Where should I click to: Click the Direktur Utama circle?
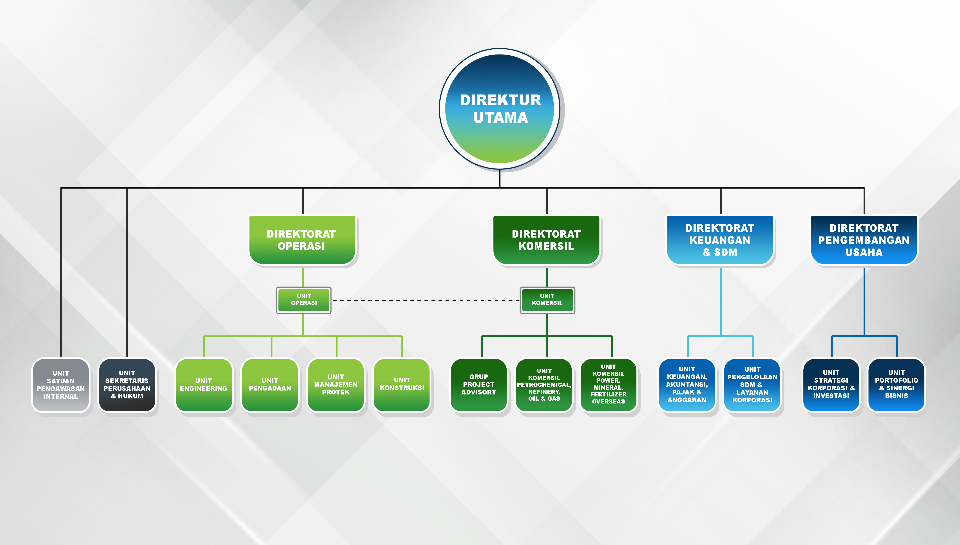pyautogui.click(x=500, y=109)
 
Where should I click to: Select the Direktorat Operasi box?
pyautogui.click(x=302, y=240)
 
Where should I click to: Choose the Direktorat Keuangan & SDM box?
pyautogui.click(x=720, y=240)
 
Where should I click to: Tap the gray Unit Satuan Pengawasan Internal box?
pyautogui.click(x=61, y=385)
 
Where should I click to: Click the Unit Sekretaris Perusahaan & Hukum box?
pyautogui.click(x=127, y=385)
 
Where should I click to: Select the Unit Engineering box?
pyautogui.click(x=204, y=385)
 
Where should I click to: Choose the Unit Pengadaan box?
pyautogui.click(x=270, y=385)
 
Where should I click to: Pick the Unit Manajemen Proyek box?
pyautogui.click(x=336, y=385)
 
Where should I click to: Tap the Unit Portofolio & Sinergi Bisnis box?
pyautogui.click(x=896, y=385)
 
